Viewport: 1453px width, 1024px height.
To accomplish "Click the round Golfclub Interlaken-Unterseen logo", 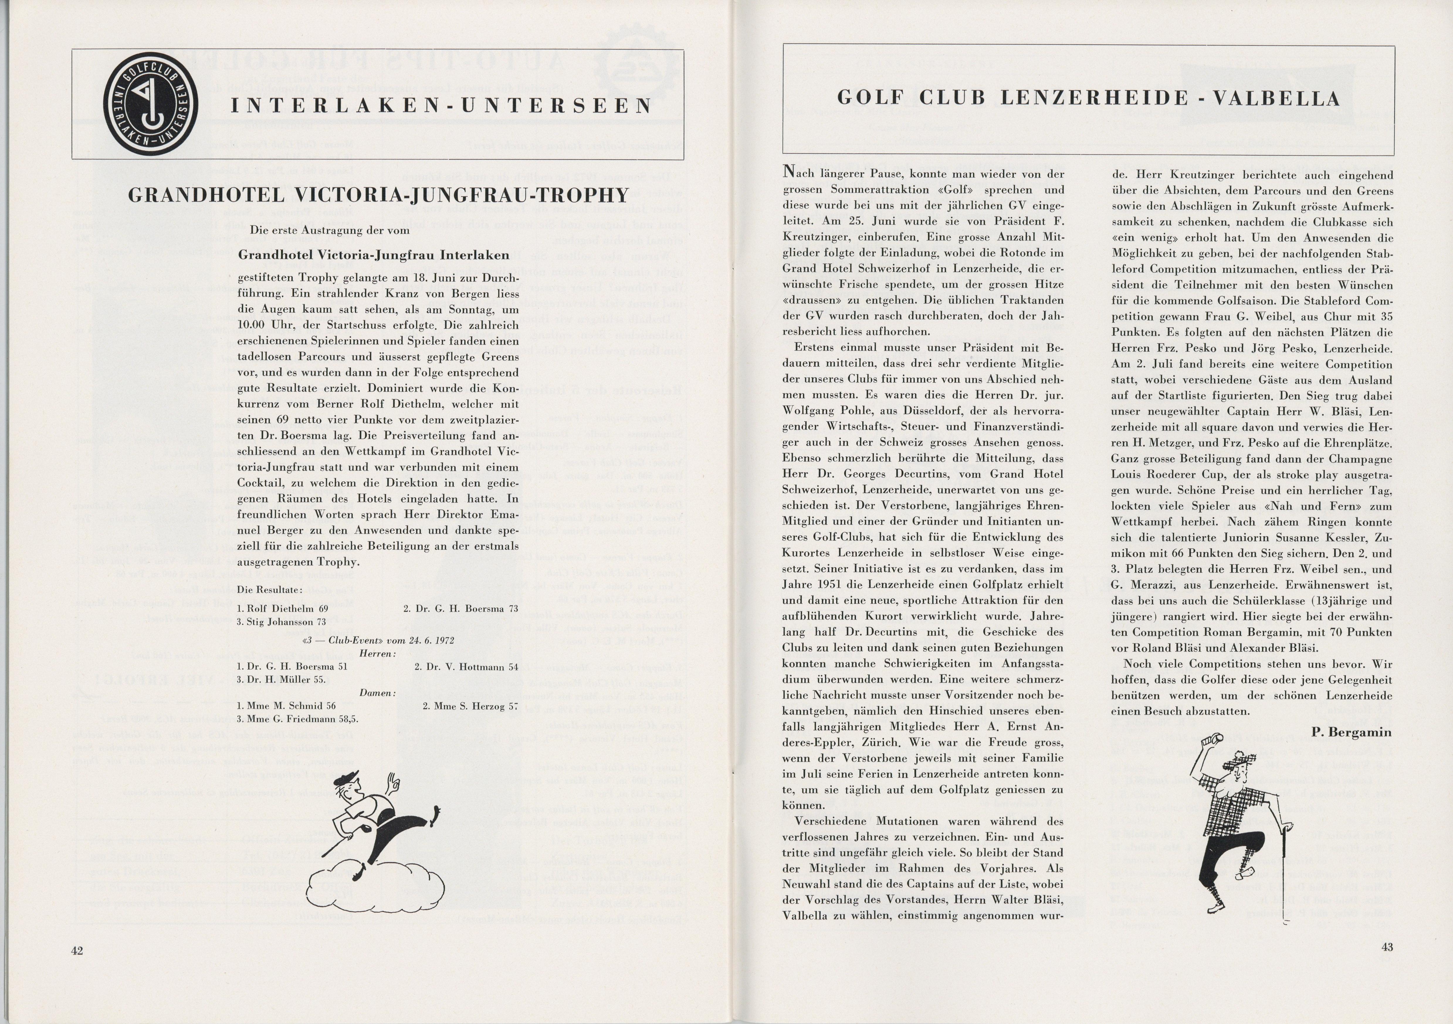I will pos(151,104).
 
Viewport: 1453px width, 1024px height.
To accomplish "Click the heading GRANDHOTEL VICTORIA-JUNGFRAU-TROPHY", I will pos(378,195).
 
